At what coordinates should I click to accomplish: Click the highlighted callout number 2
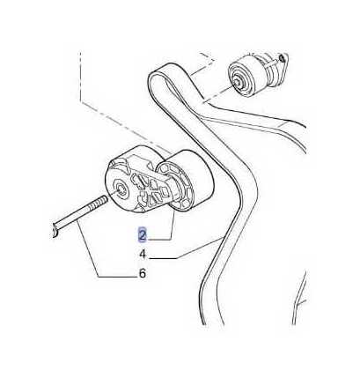point(143,235)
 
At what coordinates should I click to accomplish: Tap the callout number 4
point(143,254)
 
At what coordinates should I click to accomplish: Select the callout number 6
point(143,273)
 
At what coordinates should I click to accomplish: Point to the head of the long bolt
point(55,230)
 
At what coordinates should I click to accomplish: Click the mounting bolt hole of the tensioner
point(120,189)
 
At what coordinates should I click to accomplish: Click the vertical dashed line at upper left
point(80,77)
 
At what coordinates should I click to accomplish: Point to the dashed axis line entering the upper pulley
point(218,93)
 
